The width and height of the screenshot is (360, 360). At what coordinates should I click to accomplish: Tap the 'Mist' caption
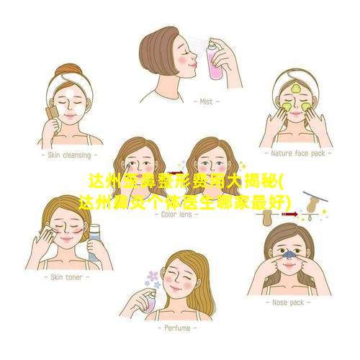coord(206,102)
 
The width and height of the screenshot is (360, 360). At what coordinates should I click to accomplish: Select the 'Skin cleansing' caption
coord(69,156)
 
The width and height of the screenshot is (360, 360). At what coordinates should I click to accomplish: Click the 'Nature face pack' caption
coord(298,153)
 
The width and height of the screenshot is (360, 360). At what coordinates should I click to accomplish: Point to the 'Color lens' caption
coord(176,214)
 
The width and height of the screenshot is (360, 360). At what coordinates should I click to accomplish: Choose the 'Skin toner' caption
coord(66,277)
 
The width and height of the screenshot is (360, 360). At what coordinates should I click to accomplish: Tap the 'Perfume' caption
coord(177,328)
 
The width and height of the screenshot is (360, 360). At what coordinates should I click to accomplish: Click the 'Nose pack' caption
coord(288,302)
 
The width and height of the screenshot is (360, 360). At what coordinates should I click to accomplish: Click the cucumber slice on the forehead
coord(295,89)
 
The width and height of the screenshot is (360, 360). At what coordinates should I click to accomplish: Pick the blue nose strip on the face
coord(289,253)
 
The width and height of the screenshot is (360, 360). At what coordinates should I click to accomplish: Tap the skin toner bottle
coord(94,243)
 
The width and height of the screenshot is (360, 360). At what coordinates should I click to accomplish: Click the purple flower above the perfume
coord(153,276)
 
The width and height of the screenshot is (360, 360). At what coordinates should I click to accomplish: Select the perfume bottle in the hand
coord(152,302)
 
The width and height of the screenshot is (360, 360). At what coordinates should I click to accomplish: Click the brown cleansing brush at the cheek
coord(53,112)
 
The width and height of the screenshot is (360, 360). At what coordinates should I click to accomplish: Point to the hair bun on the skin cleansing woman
coord(68,70)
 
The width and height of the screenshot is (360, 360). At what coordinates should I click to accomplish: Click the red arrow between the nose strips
coord(289,214)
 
